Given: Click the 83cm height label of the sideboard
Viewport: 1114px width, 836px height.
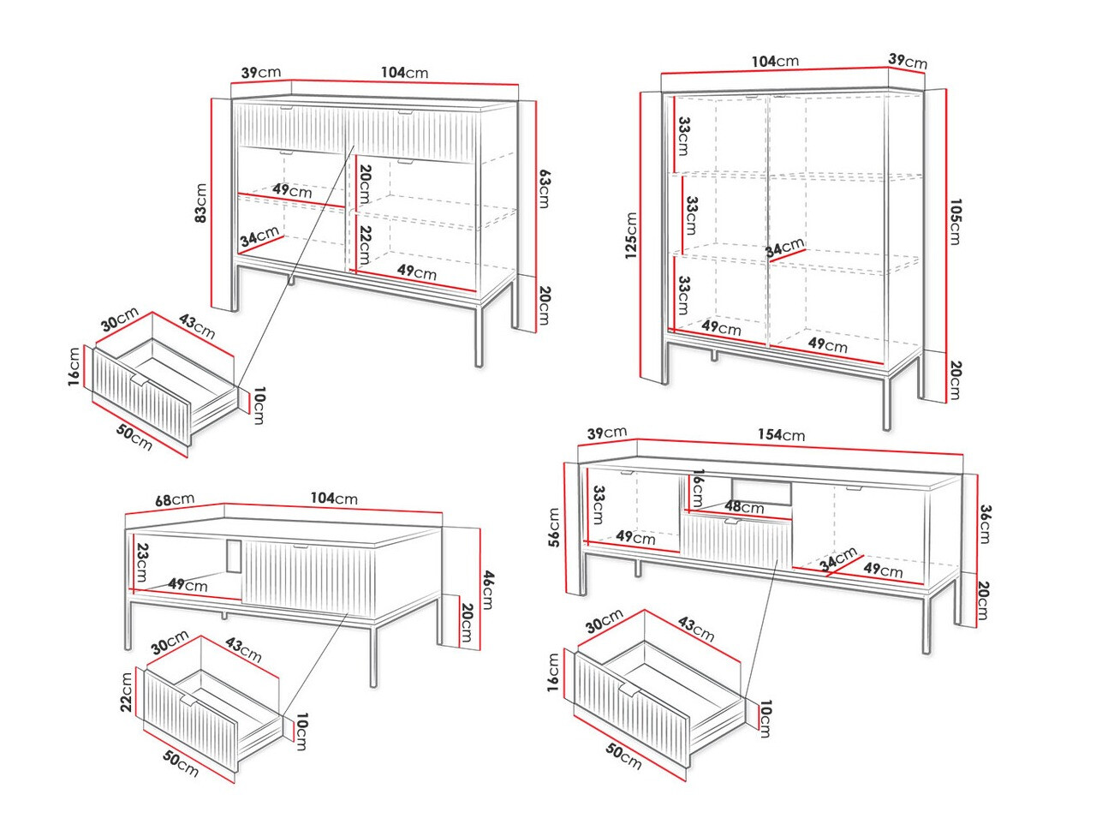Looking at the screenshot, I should [x=200, y=203].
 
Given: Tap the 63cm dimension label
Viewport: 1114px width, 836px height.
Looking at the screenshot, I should [x=544, y=189].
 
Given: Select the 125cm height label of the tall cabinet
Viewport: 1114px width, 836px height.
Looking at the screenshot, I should [x=631, y=236].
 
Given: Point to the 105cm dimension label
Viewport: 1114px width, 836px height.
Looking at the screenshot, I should [x=955, y=222].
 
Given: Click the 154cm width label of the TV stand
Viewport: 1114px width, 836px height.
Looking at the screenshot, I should [x=781, y=435].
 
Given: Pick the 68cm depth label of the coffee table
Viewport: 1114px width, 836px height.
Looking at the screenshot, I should [x=174, y=499].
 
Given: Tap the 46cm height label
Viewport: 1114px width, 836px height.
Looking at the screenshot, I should [x=486, y=589].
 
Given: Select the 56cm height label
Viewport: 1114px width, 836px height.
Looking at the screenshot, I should [x=554, y=527].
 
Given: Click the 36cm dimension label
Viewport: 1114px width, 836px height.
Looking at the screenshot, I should [x=985, y=523].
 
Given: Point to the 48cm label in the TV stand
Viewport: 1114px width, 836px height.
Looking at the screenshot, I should [x=743, y=507].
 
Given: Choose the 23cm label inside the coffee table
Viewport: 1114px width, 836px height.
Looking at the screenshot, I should [x=142, y=563].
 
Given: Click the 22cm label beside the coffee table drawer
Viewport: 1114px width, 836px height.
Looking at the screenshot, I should [x=128, y=692].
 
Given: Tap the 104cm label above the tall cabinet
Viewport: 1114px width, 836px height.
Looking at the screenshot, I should [x=775, y=62].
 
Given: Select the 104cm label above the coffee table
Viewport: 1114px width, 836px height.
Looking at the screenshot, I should [x=334, y=499].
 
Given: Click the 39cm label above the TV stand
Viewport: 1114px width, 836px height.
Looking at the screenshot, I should [x=607, y=433].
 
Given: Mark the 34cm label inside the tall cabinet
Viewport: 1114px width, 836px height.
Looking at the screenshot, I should [x=784, y=248].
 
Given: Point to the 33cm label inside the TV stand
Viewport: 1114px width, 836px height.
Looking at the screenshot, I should [x=599, y=505].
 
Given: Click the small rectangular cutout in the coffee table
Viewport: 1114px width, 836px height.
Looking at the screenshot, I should [x=234, y=555].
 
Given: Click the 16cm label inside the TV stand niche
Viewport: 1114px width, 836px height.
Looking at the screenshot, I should [x=698, y=487].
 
